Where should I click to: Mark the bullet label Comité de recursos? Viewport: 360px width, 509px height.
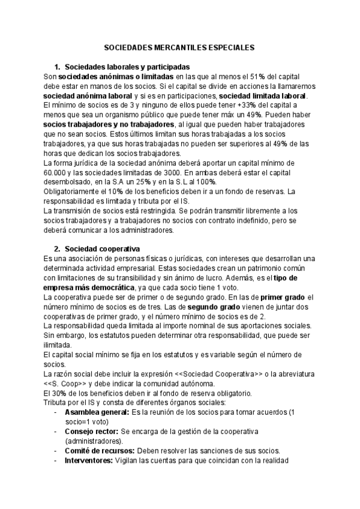100,451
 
